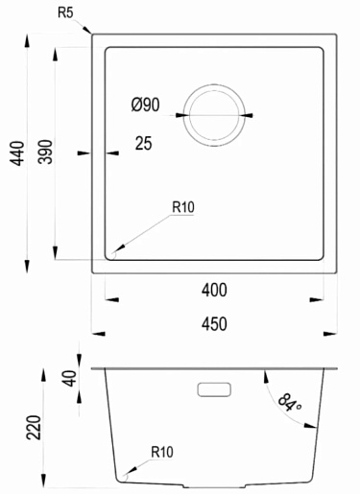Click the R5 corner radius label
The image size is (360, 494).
tap(65, 12)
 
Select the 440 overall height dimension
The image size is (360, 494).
tap(17, 153)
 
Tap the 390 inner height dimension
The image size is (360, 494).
tap(45, 152)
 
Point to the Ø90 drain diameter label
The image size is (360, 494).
tap(146, 105)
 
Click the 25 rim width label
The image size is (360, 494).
tap(143, 143)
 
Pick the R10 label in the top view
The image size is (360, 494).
tap(183, 207)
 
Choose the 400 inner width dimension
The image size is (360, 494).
tap(214, 290)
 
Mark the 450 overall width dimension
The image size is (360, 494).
tap(214, 323)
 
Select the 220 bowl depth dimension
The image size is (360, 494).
tap(34, 428)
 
